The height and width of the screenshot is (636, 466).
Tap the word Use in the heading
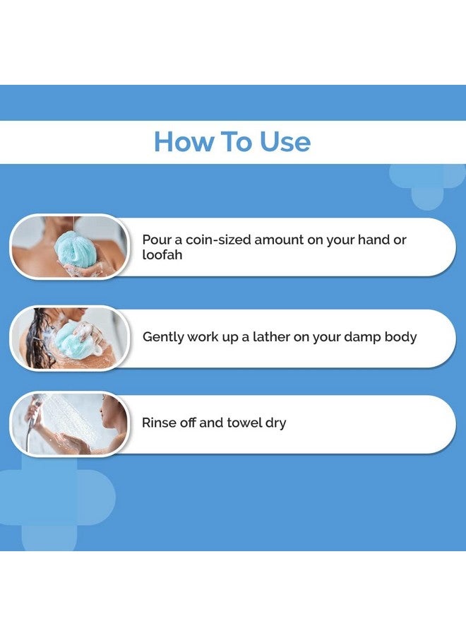click(x=285, y=141)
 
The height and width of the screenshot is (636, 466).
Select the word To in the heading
click(x=237, y=141)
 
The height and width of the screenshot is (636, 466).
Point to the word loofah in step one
click(x=162, y=254)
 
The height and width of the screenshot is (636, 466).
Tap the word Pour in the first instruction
click(x=156, y=240)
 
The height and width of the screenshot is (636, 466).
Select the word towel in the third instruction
click(x=244, y=423)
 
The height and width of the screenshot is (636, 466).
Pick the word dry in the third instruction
click(x=275, y=423)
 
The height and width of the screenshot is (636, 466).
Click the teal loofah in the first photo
click(x=76, y=247)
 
